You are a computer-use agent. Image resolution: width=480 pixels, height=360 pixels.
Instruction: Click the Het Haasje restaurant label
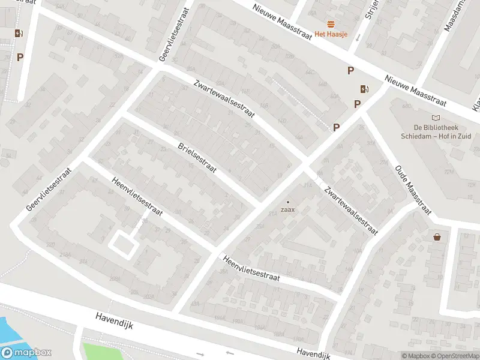click(331, 34)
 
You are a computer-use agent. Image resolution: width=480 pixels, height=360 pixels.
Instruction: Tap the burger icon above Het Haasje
click(331, 23)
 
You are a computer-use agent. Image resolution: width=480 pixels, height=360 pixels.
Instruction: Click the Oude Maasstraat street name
click(413, 190)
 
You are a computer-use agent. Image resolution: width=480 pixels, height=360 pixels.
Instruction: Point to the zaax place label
click(288, 210)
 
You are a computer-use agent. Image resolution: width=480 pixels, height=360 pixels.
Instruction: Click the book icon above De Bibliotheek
click(436, 118)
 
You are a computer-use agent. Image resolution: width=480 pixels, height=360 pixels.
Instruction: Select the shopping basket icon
click(437, 237)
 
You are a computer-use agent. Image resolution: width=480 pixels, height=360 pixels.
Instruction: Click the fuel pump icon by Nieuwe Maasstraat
click(364, 89)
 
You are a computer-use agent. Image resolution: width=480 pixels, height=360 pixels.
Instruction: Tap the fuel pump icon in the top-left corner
click(19, 34)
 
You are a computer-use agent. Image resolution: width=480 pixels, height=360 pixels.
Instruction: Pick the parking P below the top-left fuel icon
click(20, 57)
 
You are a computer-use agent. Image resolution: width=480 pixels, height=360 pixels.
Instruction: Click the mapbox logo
click(26, 353)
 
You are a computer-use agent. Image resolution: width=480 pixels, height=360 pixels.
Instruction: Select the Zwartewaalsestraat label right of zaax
click(350, 209)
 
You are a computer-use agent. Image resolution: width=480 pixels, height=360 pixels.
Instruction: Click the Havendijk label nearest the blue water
click(113, 324)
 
